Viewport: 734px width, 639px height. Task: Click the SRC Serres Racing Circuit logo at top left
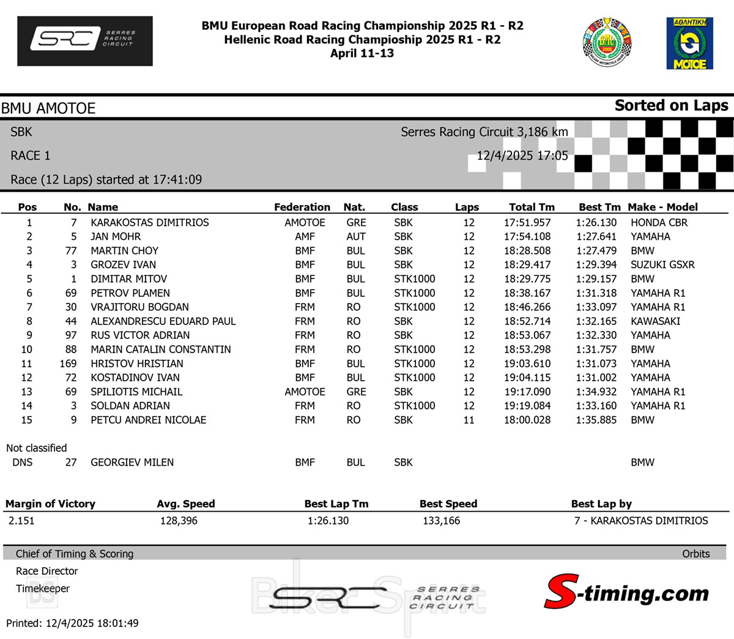85,40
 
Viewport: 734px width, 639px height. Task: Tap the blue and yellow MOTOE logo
689,43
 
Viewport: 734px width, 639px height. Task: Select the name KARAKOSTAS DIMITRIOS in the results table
150,223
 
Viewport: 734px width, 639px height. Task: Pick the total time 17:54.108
527,237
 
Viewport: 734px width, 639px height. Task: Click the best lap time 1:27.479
596,251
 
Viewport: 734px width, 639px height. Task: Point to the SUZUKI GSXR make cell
662,265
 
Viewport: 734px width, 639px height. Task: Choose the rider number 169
69,364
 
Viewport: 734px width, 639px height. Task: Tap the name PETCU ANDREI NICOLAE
149,420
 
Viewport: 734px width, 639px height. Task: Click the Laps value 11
469,420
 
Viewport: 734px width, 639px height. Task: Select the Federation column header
302,207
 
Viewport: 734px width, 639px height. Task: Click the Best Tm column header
599,207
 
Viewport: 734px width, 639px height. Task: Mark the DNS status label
23,462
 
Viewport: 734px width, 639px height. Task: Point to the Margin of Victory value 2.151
21,521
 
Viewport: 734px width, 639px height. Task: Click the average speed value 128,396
179,521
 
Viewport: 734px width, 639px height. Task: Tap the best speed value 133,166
442,521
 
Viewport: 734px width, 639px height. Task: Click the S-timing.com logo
626,592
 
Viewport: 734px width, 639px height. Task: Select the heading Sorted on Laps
671,106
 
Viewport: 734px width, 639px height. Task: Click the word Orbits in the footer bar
696,554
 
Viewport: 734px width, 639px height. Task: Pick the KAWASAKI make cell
655,321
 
